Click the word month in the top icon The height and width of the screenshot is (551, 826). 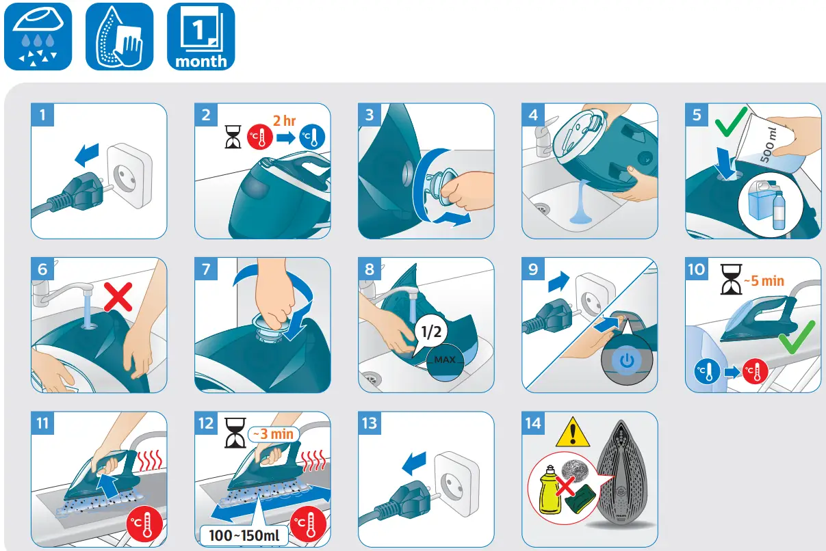click(201, 61)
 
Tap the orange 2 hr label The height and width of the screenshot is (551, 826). click(284, 120)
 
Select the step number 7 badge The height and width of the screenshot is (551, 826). click(206, 269)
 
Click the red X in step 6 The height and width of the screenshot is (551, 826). click(118, 297)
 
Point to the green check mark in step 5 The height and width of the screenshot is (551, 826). click(731, 122)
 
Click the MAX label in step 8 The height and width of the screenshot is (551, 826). click(445, 360)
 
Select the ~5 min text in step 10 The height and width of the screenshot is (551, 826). click(764, 281)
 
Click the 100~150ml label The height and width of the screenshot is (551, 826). click(244, 535)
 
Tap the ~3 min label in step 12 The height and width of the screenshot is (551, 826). click(273, 434)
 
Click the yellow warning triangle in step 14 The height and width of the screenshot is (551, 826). click(572, 432)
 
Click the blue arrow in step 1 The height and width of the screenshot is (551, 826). click(87, 154)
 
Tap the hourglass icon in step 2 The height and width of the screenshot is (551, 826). click(233, 137)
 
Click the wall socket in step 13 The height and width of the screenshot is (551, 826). click(456, 483)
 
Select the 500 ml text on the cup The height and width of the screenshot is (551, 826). click(769, 145)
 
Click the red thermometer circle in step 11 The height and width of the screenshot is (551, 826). click(144, 524)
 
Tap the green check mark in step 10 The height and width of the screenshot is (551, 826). click(797, 337)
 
